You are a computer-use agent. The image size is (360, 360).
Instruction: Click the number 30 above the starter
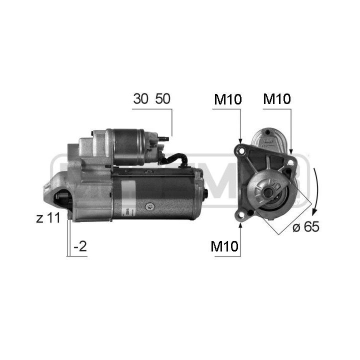click(140, 98)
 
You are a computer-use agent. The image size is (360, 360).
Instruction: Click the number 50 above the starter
click(163, 98)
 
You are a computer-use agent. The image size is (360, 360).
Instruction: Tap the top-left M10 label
click(228, 99)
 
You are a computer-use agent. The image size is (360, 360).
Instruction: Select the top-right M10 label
click(277, 98)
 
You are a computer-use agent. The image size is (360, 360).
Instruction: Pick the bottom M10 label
click(224, 246)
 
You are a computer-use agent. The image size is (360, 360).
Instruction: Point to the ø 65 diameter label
click(306, 226)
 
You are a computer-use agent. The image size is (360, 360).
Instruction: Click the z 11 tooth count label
click(48, 217)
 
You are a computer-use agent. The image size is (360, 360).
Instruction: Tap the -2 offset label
click(80, 246)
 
